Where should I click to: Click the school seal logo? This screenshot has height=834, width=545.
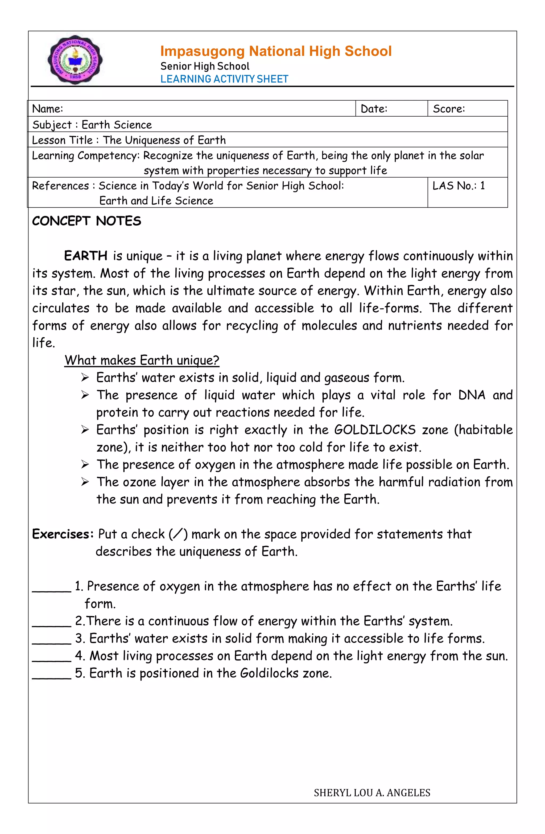75,60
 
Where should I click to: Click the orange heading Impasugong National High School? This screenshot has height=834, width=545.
276,51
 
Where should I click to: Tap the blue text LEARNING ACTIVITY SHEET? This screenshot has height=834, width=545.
224,79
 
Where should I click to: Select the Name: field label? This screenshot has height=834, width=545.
48,109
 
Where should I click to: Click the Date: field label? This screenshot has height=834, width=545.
374,109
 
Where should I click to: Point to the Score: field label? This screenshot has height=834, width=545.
449,109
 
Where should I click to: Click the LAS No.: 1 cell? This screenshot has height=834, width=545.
459,186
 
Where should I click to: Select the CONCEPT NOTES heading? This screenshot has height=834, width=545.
86,221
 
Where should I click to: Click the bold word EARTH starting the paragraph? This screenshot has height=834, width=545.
85,256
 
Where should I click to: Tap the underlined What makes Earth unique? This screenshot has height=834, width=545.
142,360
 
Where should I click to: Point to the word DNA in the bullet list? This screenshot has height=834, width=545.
472,395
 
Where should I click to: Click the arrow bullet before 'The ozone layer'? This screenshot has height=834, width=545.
85,482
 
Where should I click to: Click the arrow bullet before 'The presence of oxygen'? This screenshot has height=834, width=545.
85,465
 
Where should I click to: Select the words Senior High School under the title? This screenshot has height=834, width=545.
205,66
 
